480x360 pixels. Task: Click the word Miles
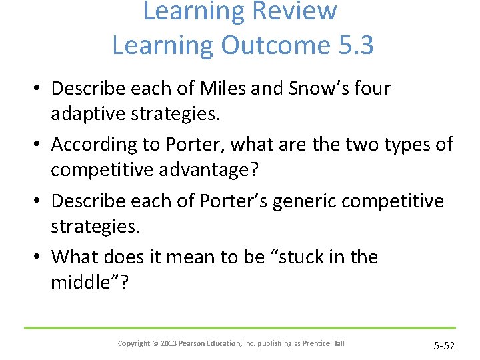pyautogui.click(x=221, y=88)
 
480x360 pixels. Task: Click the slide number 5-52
pyautogui.click(x=443, y=345)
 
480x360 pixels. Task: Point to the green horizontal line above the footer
pyautogui.click(x=240, y=327)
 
